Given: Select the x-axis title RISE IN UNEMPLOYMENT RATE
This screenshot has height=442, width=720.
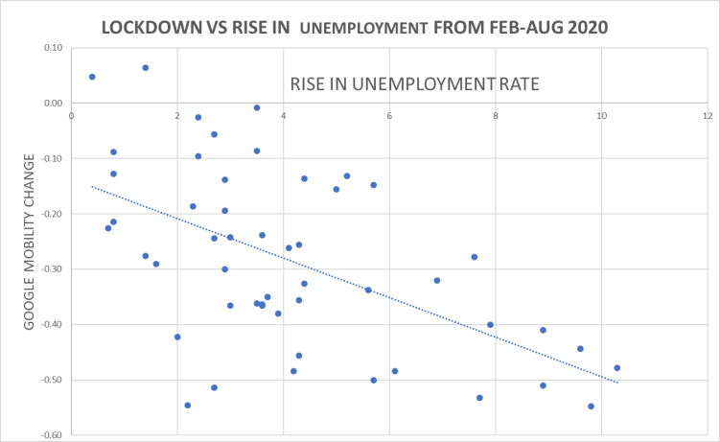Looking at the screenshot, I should (413, 84).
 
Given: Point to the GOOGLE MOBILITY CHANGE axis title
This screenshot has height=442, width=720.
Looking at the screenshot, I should (30, 246).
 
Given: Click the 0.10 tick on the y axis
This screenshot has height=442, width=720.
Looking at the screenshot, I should (53, 48).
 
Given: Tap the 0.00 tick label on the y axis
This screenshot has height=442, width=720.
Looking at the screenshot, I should (53, 104).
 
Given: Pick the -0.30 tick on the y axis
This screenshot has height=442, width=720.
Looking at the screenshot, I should (51, 269).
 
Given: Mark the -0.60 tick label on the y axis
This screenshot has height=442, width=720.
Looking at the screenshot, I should (51, 435).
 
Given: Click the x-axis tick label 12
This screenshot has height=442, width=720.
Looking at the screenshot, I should (707, 116).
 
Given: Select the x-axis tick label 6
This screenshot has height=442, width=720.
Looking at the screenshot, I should (389, 116).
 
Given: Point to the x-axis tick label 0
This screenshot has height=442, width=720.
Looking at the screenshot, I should (72, 116).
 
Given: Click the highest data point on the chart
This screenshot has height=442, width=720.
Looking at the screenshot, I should (146, 68).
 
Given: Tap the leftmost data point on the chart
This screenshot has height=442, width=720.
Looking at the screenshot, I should (92, 77).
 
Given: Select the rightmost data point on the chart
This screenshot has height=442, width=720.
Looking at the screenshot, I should (617, 368).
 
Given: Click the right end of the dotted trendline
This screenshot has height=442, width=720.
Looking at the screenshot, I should (617, 383).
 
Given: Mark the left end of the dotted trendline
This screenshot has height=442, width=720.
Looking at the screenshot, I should (92, 186).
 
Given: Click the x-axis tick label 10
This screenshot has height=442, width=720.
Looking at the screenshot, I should (601, 116).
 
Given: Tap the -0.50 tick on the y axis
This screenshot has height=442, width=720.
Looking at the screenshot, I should (51, 380).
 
